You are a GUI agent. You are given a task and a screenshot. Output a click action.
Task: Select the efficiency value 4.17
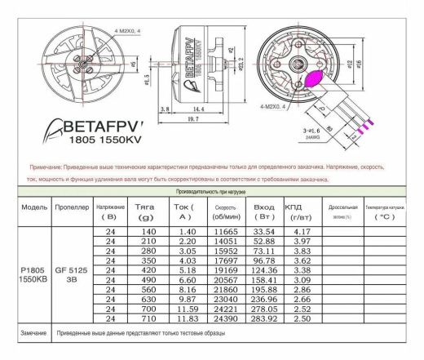(x=301, y=233)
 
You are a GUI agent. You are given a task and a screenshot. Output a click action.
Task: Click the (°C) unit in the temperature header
(x=384, y=217)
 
